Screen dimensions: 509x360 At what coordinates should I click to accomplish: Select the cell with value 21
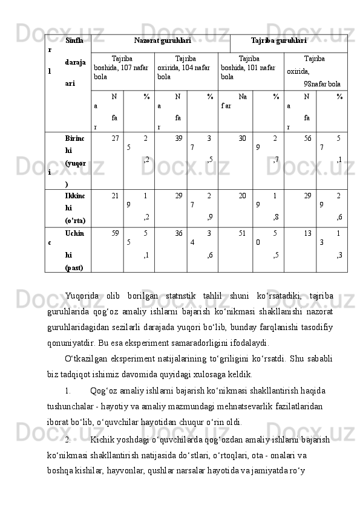[115, 196]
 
